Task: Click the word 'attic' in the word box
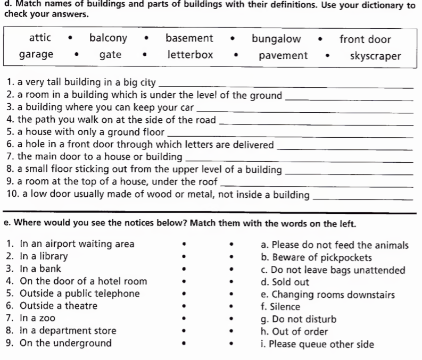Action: click(40, 38)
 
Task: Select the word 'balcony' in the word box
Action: click(108, 38)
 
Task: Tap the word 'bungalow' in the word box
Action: click(276, 39)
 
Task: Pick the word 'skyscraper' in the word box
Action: click(375, 56)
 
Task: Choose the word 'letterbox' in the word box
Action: click(190, 55)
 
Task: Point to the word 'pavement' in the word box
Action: click(283, 55)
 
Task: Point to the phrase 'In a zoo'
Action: click(37, 318)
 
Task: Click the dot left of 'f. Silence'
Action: click(231, 307)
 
